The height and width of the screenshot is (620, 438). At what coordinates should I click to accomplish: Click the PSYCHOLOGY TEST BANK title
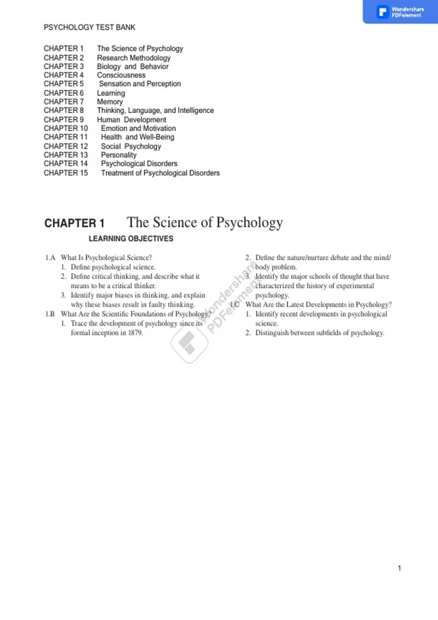click(89, 27)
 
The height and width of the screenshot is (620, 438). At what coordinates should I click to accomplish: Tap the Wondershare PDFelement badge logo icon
click(383, 12)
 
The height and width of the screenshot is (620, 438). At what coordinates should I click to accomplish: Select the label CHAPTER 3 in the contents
click(64, 66)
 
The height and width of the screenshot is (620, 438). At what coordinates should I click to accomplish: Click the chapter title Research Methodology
click(134, 58)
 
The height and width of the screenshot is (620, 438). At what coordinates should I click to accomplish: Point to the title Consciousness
click(121, 75)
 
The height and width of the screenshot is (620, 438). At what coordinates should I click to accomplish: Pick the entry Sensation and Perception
click(140, 84)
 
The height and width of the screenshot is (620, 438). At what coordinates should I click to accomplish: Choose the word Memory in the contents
click(110, 102)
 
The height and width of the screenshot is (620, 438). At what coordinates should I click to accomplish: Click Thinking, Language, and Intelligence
click(155, 111)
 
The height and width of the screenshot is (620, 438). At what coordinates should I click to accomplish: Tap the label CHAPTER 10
click(66, 128)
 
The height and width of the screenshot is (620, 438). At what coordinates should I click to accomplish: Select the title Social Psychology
click(131, 146)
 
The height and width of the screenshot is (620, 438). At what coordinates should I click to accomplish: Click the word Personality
click(119, 155)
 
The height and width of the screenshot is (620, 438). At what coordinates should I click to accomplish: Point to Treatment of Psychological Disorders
click(160, 173)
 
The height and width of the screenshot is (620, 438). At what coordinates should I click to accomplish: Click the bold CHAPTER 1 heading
click(74, 223)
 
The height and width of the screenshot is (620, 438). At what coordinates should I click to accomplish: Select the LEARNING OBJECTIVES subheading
click(131, 239)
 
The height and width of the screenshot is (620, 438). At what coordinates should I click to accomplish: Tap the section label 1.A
click(50, 258)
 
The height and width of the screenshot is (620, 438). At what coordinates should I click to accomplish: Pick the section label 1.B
click(50, 314)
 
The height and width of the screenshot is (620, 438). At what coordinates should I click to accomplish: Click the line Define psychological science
click(113, 267)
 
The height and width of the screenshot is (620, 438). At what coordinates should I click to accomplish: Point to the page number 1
click(399, 568)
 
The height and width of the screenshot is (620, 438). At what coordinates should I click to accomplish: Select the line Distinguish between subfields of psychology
click(319, 333)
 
